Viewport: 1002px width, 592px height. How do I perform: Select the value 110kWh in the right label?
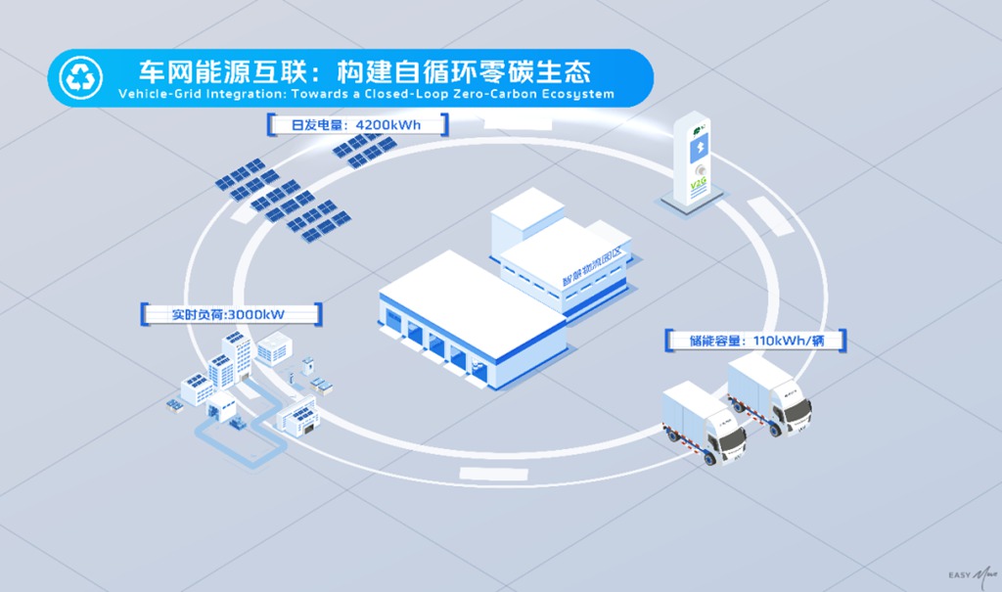(779, 342)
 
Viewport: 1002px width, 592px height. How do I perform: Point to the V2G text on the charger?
(698, 184)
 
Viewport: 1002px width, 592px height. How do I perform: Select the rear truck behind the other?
(770, 391)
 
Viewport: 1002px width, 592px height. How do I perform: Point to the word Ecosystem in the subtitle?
(576, 94)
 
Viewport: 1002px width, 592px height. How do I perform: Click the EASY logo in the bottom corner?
(963, 575)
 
